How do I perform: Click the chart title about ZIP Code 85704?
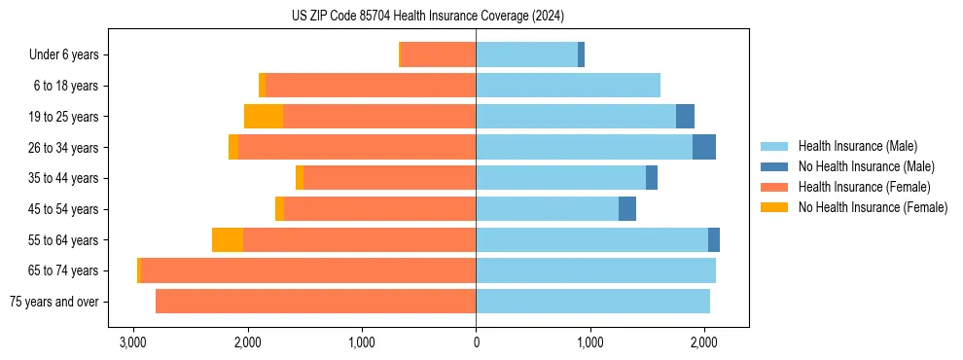point(427,17)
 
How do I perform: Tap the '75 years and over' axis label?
point(54,302)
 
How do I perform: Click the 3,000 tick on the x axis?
point(132,342)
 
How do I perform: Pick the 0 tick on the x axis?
point(476,342)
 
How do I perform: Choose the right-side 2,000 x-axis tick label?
point(703,342)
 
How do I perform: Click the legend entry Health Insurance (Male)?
point(857,146)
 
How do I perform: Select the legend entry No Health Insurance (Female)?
point(873,207)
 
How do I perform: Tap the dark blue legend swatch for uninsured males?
point(775,166)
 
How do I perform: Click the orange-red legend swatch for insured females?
point(775,187)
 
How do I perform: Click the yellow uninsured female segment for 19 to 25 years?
point(264,117)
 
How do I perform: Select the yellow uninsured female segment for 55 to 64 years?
point(228,240)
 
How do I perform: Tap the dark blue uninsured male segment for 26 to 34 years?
point(704,147)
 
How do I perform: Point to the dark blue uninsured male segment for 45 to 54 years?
point(627,209)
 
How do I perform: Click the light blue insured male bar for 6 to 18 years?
point(568,86)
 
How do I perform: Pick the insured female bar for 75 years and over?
point(316,302)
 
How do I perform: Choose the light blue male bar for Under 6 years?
point(526,54)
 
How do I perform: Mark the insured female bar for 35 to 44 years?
point(389,178)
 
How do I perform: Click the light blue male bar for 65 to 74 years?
point(595,270)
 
